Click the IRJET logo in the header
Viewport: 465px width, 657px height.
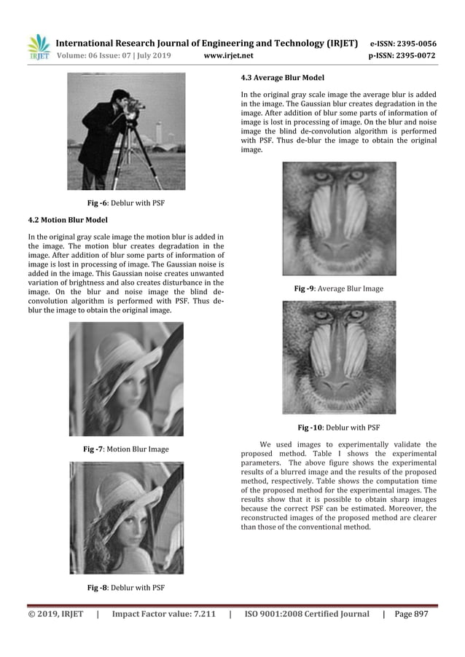coord(38,47)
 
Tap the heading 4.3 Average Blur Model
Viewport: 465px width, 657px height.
coord(283,77)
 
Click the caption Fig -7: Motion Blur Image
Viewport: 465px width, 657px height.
coord(125,449)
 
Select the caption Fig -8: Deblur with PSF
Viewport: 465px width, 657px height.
coord(125,587)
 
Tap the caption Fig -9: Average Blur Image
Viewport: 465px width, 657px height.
coord(338,289)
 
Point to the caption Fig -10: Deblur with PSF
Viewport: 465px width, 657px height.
coord(338,427)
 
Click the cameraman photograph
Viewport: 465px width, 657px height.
coord(125,132)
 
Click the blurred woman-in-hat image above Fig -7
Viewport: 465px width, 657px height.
coord(125,379)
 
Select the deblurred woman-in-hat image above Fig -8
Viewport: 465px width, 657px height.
coord(125,517)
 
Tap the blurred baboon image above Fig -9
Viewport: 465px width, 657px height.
coord(339,219)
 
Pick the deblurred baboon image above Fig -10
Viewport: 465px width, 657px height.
coord(339,357)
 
